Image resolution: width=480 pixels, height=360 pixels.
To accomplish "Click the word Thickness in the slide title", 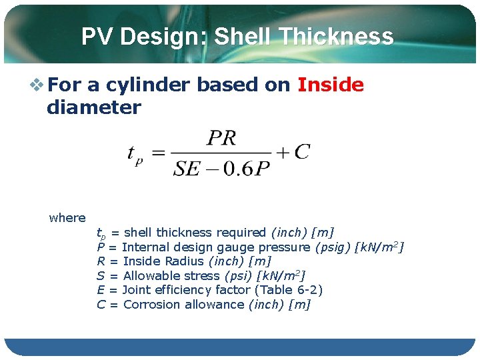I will (x=336, y=37).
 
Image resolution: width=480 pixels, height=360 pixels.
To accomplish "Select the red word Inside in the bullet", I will (x=331, y=85).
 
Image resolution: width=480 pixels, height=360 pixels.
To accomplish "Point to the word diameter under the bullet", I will (x=94, y=107).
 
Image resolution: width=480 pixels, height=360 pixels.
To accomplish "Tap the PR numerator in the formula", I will (x=222, y=138).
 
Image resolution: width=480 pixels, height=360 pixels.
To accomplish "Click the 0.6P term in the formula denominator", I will (x=247, y=168).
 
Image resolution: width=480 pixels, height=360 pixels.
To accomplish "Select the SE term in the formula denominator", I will (x=186, y=168).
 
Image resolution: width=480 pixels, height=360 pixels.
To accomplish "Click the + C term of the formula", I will (x=293, y=153).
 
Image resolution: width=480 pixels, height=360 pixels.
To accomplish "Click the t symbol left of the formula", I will (x=133, y=154).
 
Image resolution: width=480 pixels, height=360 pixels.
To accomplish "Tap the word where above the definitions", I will (x=67, y=217).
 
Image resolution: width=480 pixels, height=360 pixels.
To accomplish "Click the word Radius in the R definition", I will (x=184, y=261).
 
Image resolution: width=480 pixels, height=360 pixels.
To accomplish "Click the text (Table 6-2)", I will (x=291, y=290).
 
